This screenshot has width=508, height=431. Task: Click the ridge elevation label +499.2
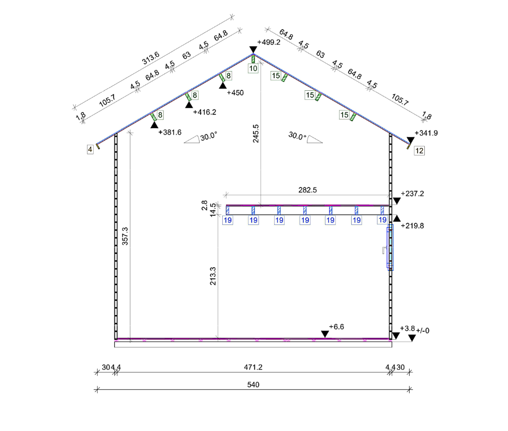click(269, 42)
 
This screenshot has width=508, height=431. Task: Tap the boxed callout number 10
click(253, 69)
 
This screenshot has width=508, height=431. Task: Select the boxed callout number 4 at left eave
click(90, 149)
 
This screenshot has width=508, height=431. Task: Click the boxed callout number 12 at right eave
click(419, 151)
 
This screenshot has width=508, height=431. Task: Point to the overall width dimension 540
click(253, 385)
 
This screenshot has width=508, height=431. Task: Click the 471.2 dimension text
click(253, 367)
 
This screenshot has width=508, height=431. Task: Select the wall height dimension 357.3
click(125, 236)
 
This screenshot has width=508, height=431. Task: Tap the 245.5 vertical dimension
click(256, 134)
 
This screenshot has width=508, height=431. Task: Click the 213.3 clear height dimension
click(213, 276)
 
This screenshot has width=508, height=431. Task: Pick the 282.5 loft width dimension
click(307, 190)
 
